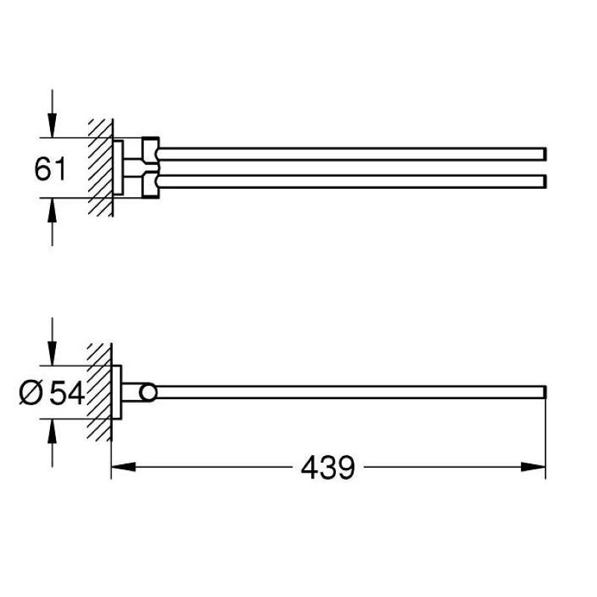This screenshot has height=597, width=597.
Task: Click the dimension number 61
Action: (x=50, y=169)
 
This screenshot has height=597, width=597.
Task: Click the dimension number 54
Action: (x=67, y=394)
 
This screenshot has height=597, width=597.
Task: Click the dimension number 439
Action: (x=328, y=468)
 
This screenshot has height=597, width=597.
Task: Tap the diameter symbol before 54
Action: (x=31, y=394)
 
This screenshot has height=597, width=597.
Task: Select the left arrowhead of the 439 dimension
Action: (x=123, y=467)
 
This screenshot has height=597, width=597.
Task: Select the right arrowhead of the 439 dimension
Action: (x=533, y=467)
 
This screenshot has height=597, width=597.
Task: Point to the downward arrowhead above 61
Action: (x=52, y=125)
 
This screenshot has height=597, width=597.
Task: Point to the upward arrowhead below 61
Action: (x=52, y=210)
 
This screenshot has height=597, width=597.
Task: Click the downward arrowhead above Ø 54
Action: (x=52, y=353)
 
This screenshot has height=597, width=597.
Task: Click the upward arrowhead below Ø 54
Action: (x=52, y=431)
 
